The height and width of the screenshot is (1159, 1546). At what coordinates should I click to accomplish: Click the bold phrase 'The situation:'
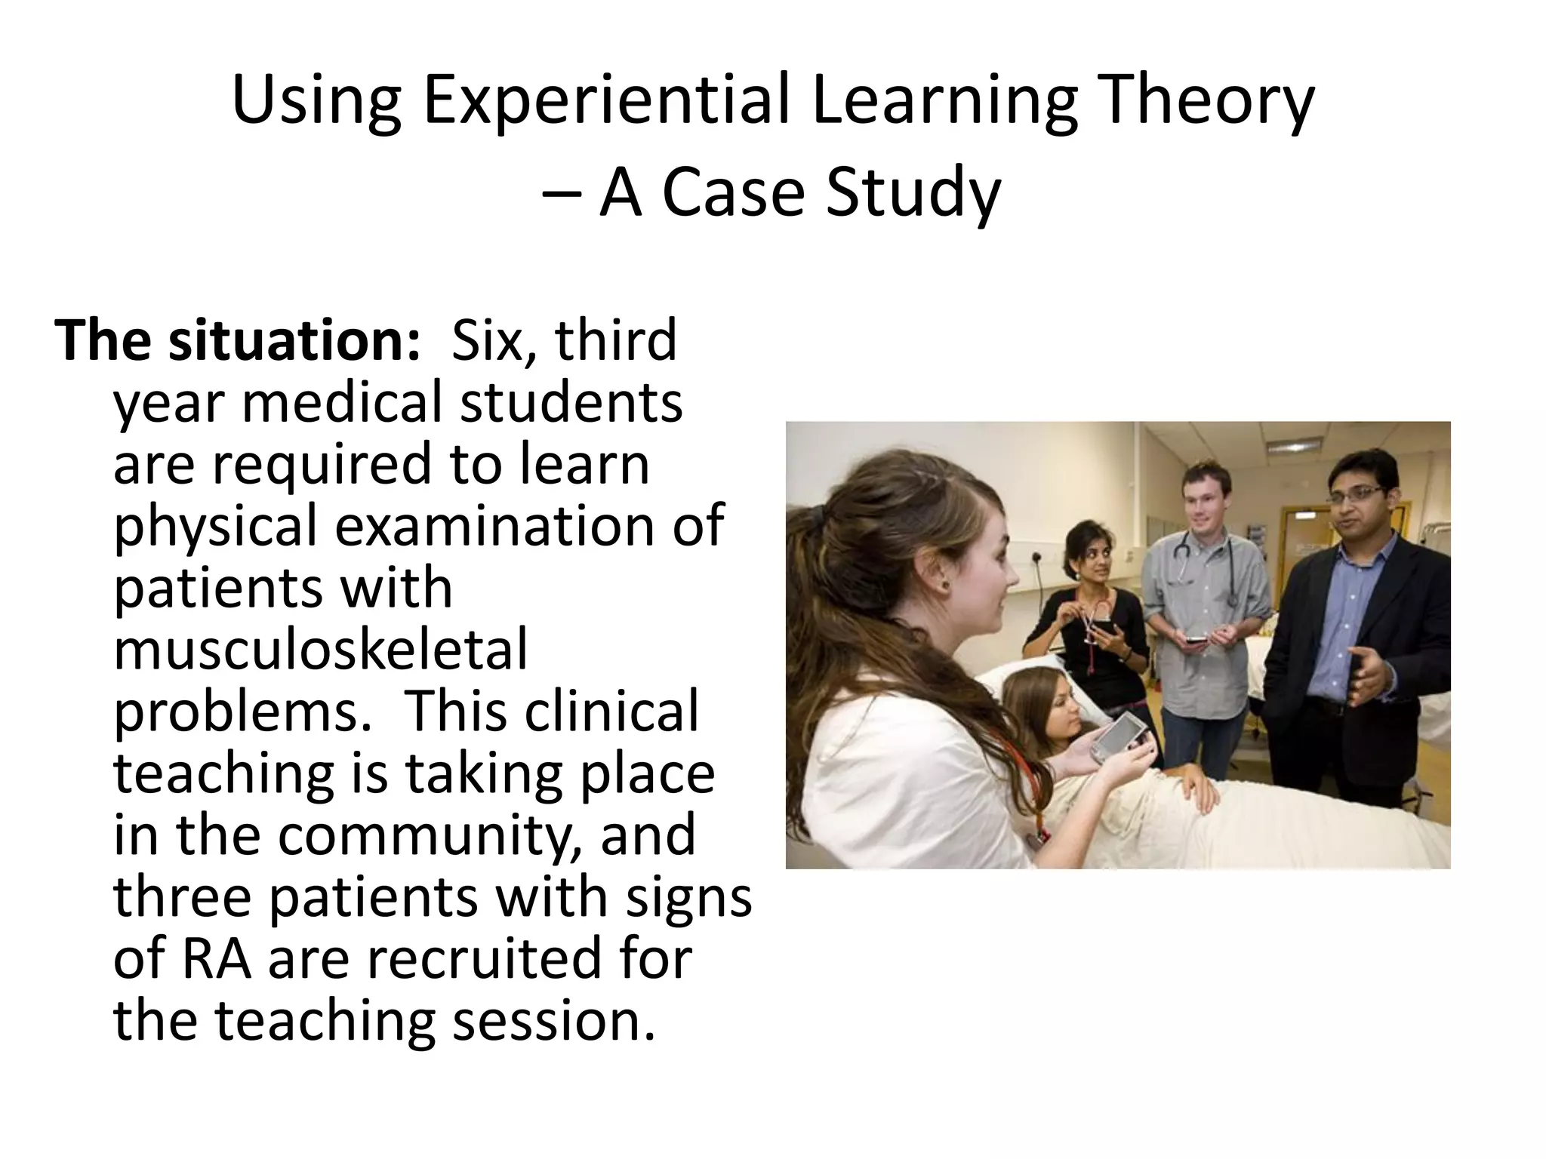tap(237, 340)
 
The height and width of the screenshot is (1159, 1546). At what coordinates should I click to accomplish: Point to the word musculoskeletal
tap(320, 650)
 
